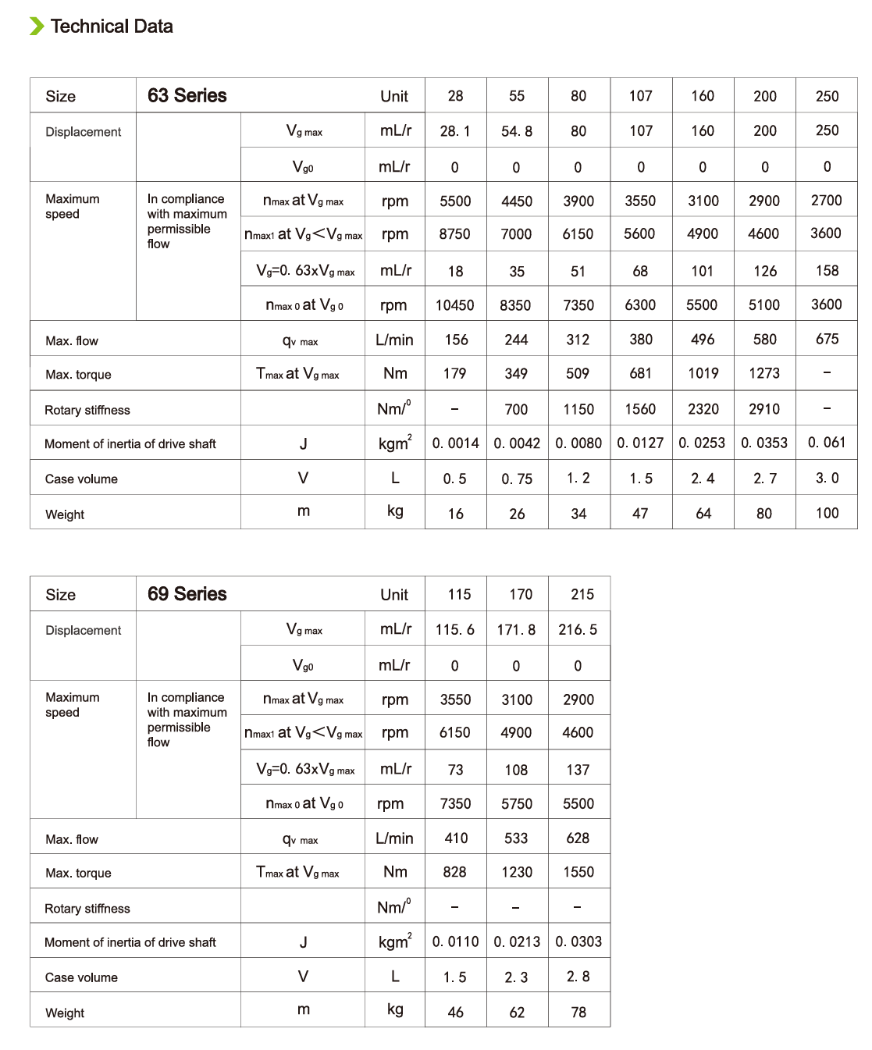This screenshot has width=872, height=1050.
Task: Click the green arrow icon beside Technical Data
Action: (x=37, y=27)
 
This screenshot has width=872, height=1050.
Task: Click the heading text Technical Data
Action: (x=112, y=27)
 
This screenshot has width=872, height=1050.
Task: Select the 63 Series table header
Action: (x=187, y=96)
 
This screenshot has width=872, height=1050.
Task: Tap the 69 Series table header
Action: (x=187, y=594)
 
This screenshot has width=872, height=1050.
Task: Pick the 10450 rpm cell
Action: (x=455, y=305)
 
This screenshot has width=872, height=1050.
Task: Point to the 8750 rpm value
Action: (x=455, y=234)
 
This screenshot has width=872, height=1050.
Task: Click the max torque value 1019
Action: (x=703, y=374)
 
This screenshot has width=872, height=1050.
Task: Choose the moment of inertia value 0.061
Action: (x=827, y=443)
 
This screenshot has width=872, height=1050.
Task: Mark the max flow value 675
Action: (x=827, y=340)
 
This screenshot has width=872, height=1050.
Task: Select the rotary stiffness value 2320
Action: (x=703, y=409)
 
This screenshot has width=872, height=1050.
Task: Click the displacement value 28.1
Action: (x=455, y=131)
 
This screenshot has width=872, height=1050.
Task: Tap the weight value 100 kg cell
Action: (x=827, y=514)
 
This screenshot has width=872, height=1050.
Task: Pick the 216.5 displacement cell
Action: (x=578, y=630)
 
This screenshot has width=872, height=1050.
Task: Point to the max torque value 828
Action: (x=455, y=872)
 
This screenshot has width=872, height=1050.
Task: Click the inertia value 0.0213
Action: (x=517, y=942)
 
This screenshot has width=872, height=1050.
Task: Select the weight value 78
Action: (x=578, y=1013)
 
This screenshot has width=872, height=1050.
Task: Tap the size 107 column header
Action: (x=641, y=96)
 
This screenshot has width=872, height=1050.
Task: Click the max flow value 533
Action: (x=516, y=838)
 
